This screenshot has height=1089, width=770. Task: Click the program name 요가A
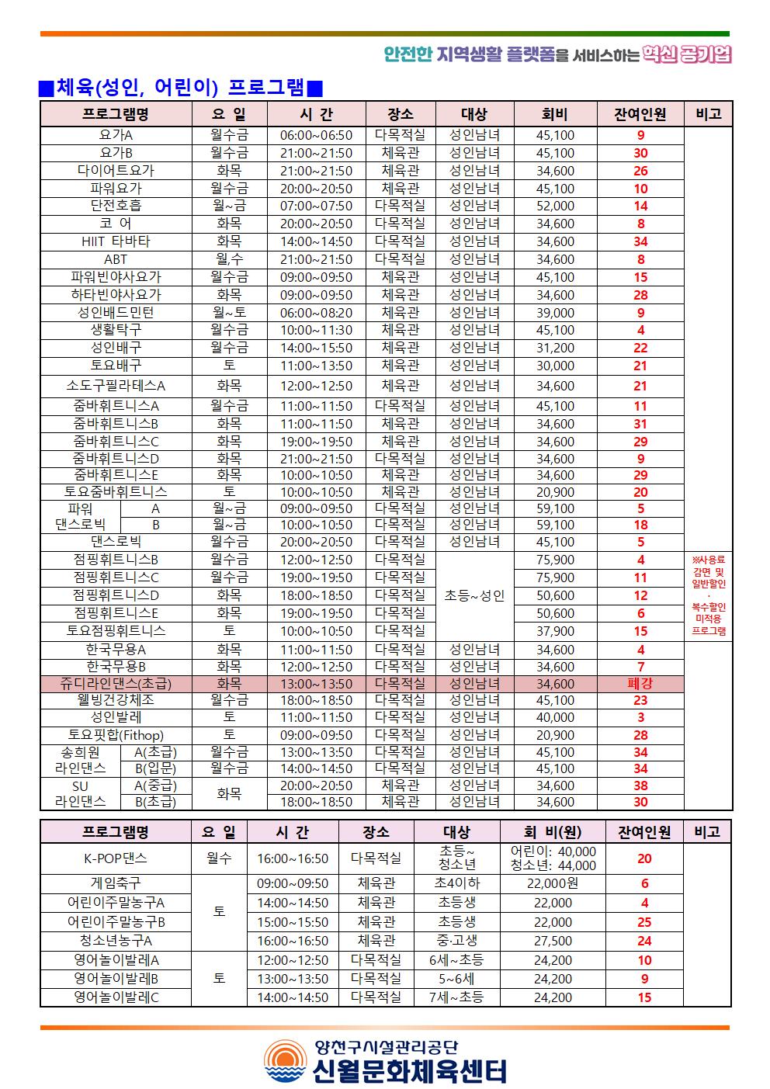click(x=116, y=135)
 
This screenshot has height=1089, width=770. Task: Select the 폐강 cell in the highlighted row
click(x=640, y=684)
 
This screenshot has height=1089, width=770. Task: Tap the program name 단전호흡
click(x=116, y=206)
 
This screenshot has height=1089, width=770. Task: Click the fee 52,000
click(x=555, y=206)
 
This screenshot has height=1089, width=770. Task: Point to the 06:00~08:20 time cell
click(x=316, y=313)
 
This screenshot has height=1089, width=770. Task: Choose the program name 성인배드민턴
click(x=116, y=313)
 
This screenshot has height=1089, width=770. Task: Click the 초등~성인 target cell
click(x=474, y=595)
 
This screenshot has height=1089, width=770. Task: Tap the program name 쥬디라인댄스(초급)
click(x=116, y=684)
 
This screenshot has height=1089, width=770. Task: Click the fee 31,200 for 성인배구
click(x=555, y=348)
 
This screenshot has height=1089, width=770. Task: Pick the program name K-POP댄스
click(x=116, y=858)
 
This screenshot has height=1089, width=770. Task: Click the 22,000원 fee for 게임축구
click(x=553, y=883)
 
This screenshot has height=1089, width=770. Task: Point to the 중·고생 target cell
click(x=456, y=941)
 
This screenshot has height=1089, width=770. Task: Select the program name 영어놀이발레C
click(x=116, y=997)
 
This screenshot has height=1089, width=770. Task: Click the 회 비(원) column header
click(x=553, y=832)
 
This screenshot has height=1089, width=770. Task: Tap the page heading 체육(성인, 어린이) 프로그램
click(x=181, y=88)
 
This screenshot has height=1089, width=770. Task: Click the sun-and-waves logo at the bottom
click(x=286, y=1061)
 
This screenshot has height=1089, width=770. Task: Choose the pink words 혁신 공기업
click(x=687, y=54)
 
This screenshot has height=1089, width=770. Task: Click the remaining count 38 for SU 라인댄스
click(x=640, y=786)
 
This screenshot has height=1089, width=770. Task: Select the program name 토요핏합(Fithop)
click(x=116, y=735)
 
